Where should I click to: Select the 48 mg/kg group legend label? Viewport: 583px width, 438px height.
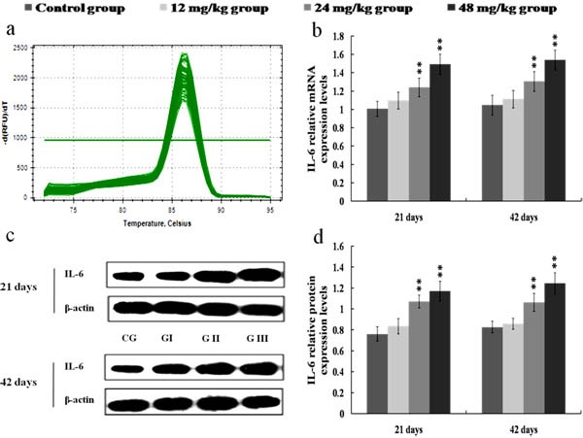(x=516, y=9)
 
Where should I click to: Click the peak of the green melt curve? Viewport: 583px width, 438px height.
(x=185, y=56)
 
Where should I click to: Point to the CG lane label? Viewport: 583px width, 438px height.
(x=129, y=337)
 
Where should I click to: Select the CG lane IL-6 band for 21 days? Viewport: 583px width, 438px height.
(x=129, y=275)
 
